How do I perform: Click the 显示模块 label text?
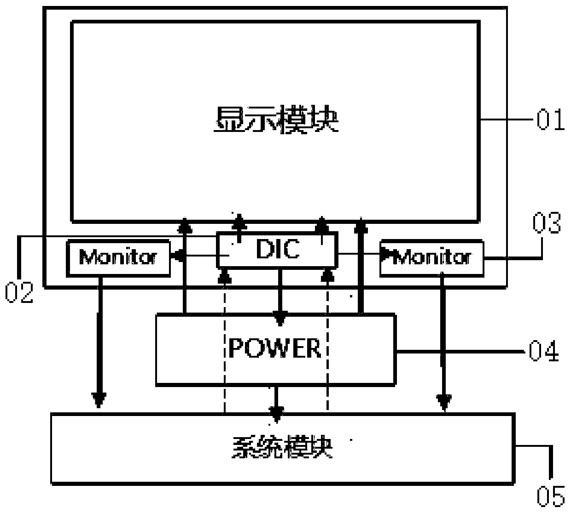coord(275,120)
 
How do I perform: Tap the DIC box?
coord(277,250)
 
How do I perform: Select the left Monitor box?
coord(118,257)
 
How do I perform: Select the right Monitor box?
coord(431,257)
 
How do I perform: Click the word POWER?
coord(275,348)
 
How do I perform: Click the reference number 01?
coord(550,120)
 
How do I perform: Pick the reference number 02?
coord(19,293)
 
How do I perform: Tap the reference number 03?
coord(547,224)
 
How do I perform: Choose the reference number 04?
coord(543,352)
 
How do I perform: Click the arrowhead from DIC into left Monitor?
coord(177,255)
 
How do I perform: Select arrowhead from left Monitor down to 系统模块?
coord(99,400)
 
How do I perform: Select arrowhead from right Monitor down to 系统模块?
coord(444,402)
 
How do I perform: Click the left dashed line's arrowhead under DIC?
coord(225,276)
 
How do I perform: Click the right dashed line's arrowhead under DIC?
coord(327,276)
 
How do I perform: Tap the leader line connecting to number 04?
coord(460,352)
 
